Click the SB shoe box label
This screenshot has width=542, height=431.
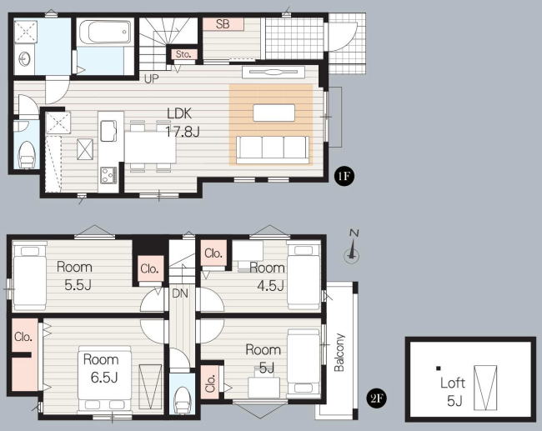tap(223, 24)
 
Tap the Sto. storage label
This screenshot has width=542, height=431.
tap(183, 54)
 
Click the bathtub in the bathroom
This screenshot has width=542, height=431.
tap(105, 32)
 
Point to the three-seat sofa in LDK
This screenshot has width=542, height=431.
tap(273, 149)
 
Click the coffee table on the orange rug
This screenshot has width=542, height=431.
tap(274, 113)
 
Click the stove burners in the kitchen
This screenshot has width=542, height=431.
tap(108, 175)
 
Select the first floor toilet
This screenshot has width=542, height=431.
tap(28, 154)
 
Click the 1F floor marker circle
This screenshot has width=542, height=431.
tap(344, 176)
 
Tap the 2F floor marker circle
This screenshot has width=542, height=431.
tap(376, 398)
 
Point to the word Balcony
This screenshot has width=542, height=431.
tap(339, 352)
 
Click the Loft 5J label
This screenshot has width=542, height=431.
tap(452, 392)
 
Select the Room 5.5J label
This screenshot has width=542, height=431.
tap(74, 276)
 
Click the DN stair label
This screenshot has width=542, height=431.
tap(180, 293)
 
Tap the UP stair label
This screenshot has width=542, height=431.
tap(151, 79)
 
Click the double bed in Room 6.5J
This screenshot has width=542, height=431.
tap(104, 378)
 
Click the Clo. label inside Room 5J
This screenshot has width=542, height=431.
tap(210, 383)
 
